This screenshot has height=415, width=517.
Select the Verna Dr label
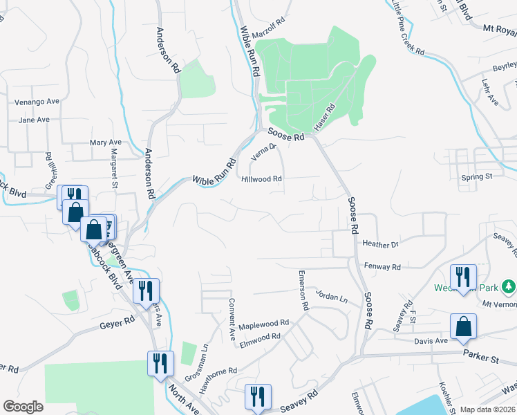[263, 151]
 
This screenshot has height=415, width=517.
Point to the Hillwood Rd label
[262, 178]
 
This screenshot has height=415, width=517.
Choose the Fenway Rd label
[381, 266]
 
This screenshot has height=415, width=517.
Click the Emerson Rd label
[302, 290]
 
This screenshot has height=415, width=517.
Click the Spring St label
[476, 177]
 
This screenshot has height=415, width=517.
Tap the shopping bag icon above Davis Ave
[463, 327]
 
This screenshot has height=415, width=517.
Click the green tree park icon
[509, 286]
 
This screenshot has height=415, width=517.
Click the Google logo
[23, 407]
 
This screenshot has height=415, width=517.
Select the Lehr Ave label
[491, 92]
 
